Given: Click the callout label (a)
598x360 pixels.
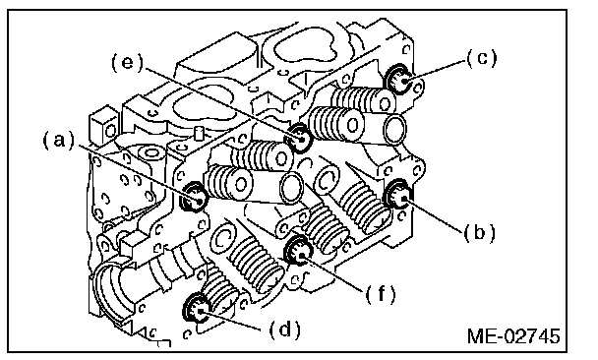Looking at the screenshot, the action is coord(58,141).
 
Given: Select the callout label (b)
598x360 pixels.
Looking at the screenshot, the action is coord(479,232).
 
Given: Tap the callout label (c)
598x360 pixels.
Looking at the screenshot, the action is coord(482,58).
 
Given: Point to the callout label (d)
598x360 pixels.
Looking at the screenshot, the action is coord(285,330).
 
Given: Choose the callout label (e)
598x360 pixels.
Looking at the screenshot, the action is coord(127,62).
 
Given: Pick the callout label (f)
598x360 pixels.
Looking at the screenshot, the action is coord(381,294).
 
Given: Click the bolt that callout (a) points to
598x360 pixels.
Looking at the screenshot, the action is coord(195,197).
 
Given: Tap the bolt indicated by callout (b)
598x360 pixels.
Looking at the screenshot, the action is coord(397,194).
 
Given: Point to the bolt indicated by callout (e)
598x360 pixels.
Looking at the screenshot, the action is coord(300,138).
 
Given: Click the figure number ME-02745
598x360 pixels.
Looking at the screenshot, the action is coord(513,336).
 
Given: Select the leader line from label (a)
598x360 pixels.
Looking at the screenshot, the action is coord(140,172).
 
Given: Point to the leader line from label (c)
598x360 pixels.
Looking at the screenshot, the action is coord(435,72).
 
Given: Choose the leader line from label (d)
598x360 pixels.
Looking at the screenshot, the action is coord(233,320).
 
